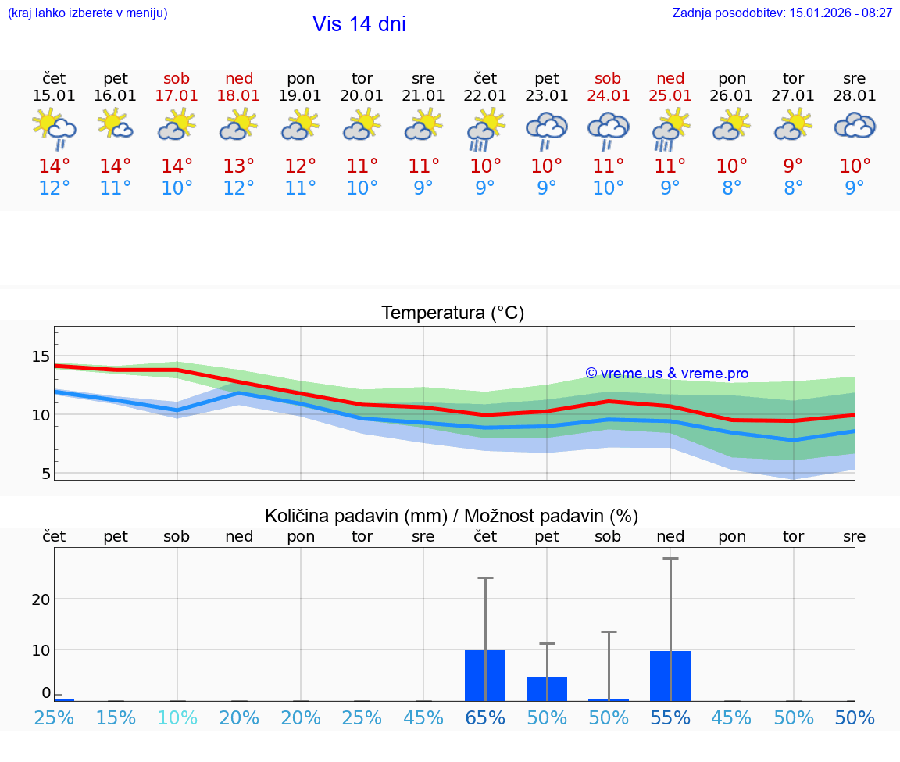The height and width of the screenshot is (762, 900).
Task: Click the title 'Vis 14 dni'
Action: (x=359, y=24)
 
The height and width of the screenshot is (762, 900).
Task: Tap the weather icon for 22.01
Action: (x=485, y=129)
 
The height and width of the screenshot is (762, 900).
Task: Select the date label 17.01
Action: (x=177, y=96)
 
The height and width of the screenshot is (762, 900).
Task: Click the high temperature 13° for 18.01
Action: (x=239, y=166)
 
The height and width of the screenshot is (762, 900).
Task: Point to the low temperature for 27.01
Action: (x=793, y=188)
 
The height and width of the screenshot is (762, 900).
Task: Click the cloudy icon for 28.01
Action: (x=855, y=126)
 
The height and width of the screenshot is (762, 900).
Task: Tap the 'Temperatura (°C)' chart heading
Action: (x=452, y=313)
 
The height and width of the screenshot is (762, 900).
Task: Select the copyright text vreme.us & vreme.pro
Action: (x=666, y=374)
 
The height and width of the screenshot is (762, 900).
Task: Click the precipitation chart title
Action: (x=452, y=516)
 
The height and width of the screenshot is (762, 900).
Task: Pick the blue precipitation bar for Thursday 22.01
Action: (x=485, y=675)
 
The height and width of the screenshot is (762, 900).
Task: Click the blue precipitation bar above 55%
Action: (x=670, y=675)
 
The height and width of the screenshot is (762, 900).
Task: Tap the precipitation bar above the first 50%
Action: (x=547, y=689)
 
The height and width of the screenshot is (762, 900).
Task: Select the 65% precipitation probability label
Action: (x=485, y=718)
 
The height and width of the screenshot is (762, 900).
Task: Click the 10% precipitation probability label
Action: (x=177, y=718)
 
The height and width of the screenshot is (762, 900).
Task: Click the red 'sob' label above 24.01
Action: (x=608, y=78)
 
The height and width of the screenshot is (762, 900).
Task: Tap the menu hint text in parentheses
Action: (x=87, y=13)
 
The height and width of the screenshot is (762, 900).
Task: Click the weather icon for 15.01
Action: (x=54, y=129)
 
